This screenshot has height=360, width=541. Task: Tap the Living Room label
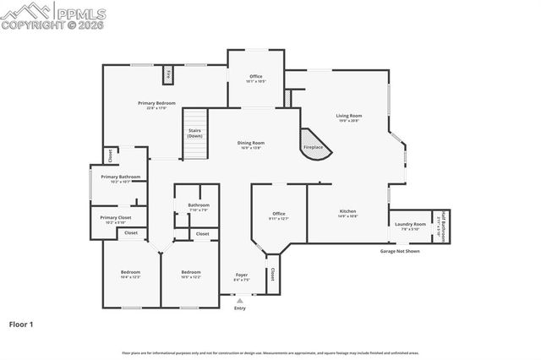coord(348,116)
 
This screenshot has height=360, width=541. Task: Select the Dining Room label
coord(251,143)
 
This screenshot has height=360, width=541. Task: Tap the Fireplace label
coord(313,148)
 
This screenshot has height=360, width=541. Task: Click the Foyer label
coord(241,275)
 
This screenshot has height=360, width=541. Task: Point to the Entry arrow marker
coord(240,300)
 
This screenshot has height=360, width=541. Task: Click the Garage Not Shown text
coord(399,252)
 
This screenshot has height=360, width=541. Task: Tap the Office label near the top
coord(255,77)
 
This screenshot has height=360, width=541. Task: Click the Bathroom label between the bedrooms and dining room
coord(199,205)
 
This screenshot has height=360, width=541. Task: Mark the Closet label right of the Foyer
coord(272,275)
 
